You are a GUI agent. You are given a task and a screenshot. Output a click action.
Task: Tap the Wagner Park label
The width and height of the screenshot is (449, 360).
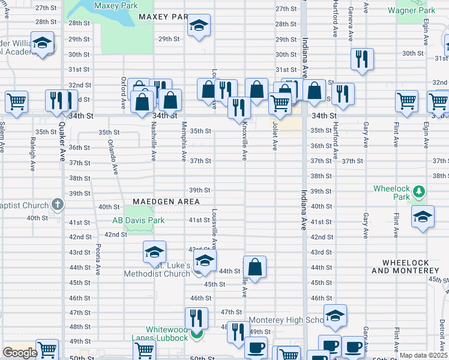411,10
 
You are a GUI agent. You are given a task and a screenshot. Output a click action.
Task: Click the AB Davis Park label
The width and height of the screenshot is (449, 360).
138,220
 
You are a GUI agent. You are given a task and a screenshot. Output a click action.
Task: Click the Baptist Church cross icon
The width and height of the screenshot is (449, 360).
58,205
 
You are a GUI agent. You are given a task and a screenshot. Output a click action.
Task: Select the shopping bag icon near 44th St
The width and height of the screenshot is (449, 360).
255,268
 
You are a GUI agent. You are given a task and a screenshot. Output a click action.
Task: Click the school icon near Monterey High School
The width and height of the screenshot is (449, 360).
335,315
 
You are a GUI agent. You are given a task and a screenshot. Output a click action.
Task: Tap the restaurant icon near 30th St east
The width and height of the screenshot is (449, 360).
362,59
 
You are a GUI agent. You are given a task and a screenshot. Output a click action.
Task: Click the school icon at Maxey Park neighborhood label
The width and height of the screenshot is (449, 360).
199,25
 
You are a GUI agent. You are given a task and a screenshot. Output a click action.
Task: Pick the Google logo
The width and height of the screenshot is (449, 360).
19,353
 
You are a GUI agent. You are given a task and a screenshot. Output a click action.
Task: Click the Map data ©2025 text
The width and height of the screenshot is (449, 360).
423,355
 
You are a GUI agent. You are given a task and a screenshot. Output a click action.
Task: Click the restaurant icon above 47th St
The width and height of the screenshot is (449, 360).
196,317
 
